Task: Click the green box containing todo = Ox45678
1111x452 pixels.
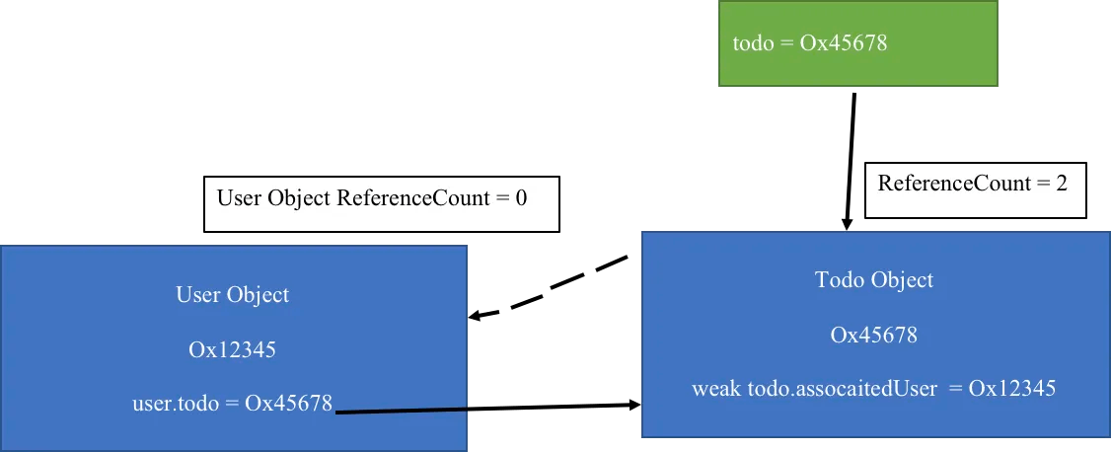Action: click(x=858, y=43)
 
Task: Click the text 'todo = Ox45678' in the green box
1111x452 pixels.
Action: click(x=810, y=43)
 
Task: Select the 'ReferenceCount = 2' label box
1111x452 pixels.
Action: click(x=976, y=189)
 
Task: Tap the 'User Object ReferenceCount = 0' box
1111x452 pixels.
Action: click(x=382, y=204)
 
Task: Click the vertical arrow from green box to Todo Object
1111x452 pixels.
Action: click(x=851, y=162)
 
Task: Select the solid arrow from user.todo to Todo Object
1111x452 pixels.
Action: click(x=487, y=408)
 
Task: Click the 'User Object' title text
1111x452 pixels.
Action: click(x=233, y=295)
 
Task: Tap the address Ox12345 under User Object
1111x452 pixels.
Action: click(x=233, y=349)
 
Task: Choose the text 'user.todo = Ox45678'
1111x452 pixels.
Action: click(x=233, y=403)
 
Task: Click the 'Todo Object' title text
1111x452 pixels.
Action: click(x=874, y=280)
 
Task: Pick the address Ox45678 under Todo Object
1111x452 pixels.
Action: click(x=874, y=334)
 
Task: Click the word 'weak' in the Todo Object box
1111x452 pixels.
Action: click(x=716, y=388)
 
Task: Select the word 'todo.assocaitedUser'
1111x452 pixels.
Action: click(x=843, y=388)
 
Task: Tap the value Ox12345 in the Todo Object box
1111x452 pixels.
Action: click(x=1012, y=388)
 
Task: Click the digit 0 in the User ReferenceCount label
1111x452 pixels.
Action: click(x=522, y=198)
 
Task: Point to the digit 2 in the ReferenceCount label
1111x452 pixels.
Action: click(x=1062, y=184)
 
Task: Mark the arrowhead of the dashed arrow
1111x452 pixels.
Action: click(x=477, y=316)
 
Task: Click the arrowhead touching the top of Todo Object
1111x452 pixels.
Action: click(x=847, y=224)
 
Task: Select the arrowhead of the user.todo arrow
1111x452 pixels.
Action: click(x=634, y=406)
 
